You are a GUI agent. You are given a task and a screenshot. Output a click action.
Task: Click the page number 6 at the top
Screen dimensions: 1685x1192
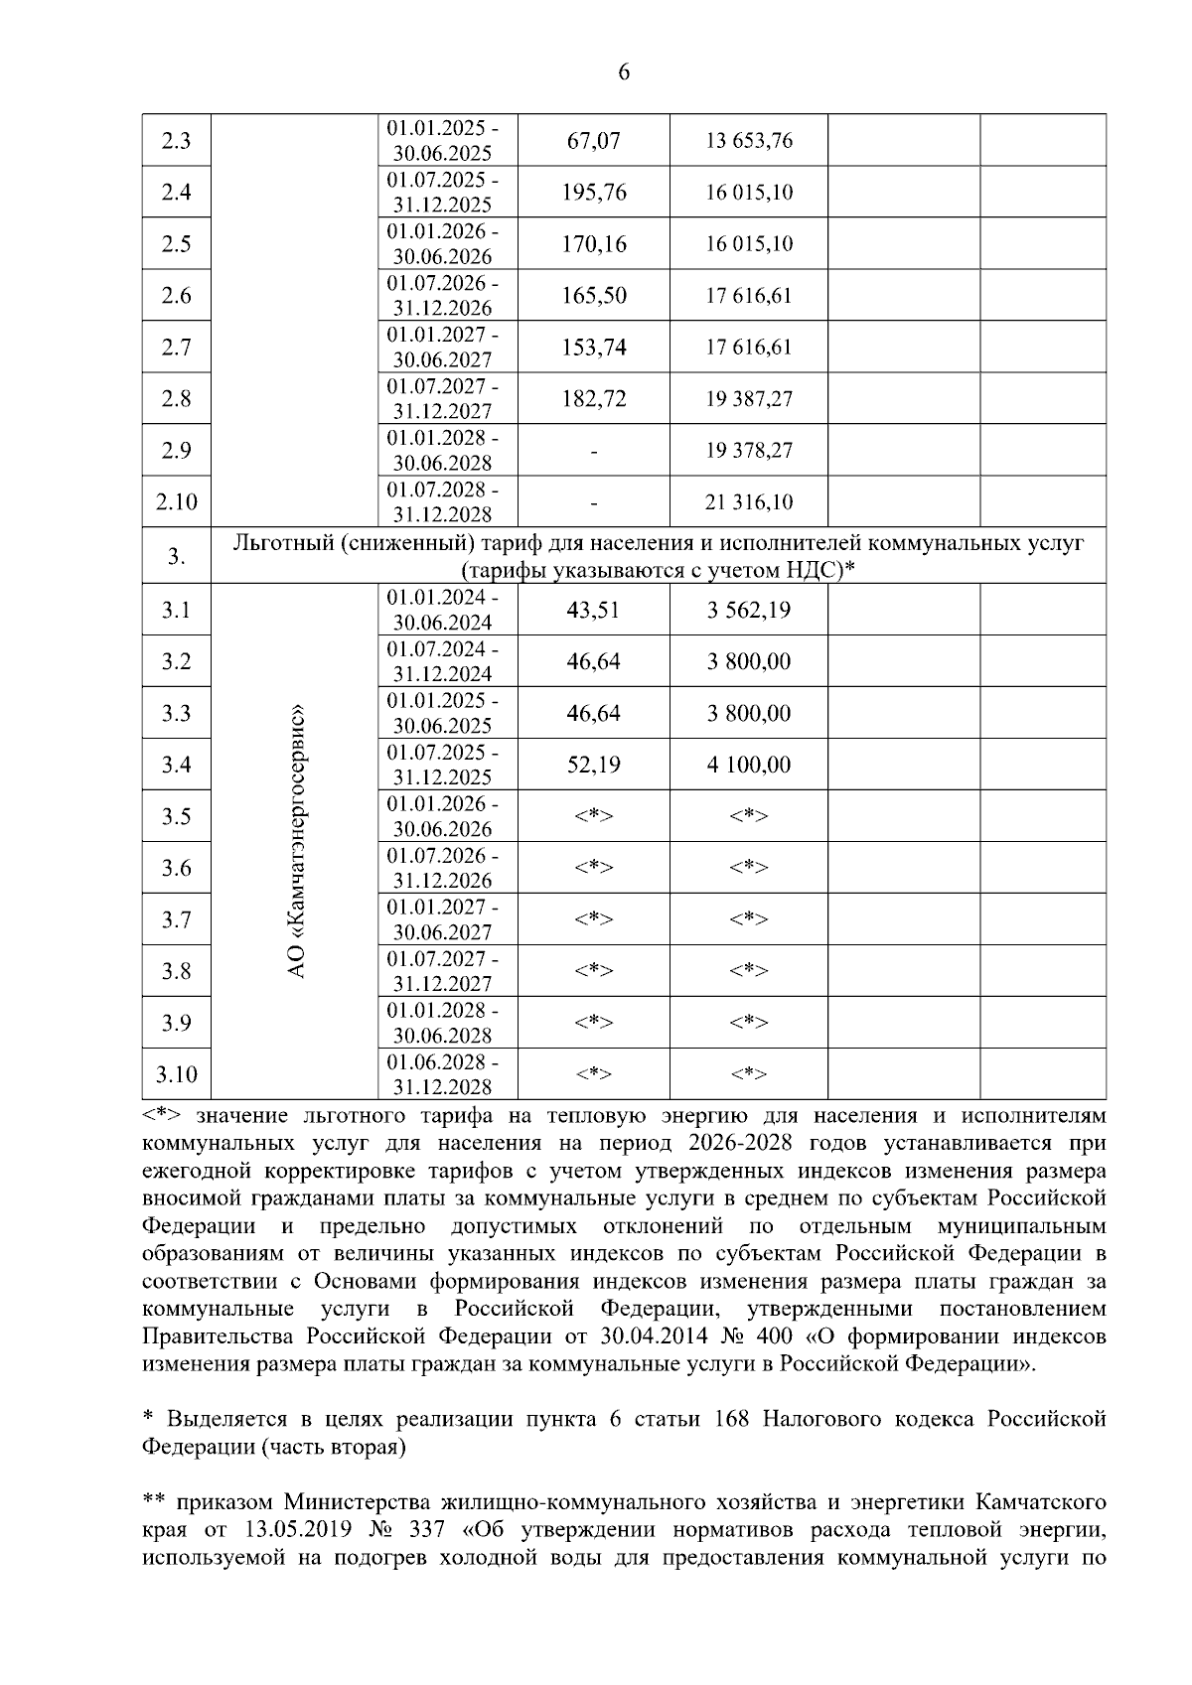624,72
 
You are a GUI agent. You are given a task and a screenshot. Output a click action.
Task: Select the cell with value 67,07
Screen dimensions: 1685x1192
593,141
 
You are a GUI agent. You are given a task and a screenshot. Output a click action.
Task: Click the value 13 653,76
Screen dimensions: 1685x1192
749,141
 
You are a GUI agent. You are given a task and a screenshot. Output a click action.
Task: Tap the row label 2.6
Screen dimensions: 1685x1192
176,296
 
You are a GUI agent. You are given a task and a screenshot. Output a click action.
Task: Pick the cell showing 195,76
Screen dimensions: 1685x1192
593,193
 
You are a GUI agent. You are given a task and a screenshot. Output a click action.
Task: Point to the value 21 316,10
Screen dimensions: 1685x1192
749,502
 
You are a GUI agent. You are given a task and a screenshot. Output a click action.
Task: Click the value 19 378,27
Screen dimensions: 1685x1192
749,451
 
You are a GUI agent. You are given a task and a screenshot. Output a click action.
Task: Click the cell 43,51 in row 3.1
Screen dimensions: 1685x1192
593,610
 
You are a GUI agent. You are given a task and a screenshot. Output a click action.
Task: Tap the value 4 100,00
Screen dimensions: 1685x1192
749,765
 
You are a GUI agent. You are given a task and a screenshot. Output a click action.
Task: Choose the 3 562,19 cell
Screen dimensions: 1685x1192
749,610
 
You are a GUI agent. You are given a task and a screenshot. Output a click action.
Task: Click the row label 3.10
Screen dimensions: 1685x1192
176,1074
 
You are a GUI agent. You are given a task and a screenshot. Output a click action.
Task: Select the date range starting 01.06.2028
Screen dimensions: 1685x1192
443,1074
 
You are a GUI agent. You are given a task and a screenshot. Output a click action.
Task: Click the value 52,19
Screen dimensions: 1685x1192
593,765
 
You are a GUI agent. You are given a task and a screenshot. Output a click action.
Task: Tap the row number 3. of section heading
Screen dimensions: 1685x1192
176,557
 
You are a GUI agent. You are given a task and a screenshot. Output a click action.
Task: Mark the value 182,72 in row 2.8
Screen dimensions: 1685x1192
593,399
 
